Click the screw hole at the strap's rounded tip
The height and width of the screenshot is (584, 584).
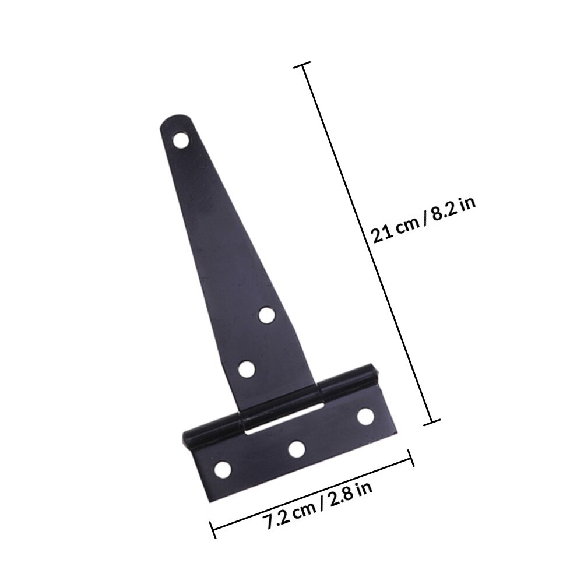[181, 140]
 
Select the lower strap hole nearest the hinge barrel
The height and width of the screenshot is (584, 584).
[247, 370]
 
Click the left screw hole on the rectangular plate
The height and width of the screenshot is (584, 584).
[223, 470]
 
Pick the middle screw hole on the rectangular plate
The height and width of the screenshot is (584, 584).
[297, 449]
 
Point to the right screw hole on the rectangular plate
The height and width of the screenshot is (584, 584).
[365, 416]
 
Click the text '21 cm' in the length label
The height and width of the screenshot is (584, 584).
[395, 231]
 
